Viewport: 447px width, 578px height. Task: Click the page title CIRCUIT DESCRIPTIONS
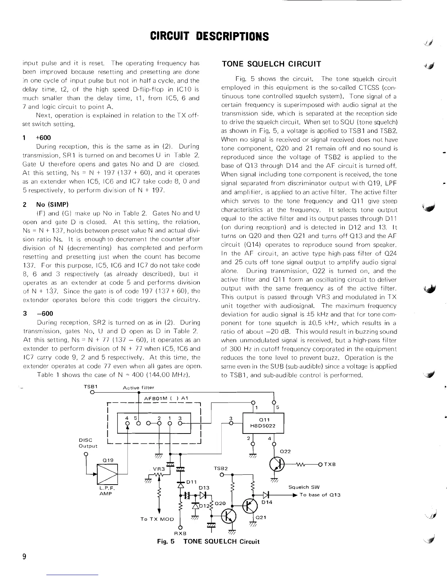point(210,36)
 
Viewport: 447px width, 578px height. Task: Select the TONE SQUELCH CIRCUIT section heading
point(271,64)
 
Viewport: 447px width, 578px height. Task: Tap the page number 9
point(24,556)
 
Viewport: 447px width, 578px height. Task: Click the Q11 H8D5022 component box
point(263,423)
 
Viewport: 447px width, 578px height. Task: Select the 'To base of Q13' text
point(320,495)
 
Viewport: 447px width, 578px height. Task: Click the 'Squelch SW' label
point(304,487)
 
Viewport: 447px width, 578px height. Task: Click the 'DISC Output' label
point(88,443)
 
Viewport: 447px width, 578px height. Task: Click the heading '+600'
point(43,138)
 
